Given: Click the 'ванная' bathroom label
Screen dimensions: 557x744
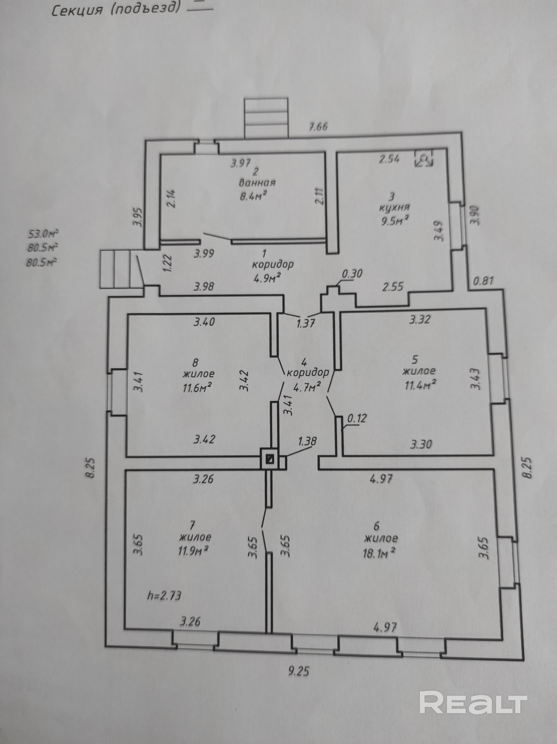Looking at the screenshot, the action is [x=257, y=183].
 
